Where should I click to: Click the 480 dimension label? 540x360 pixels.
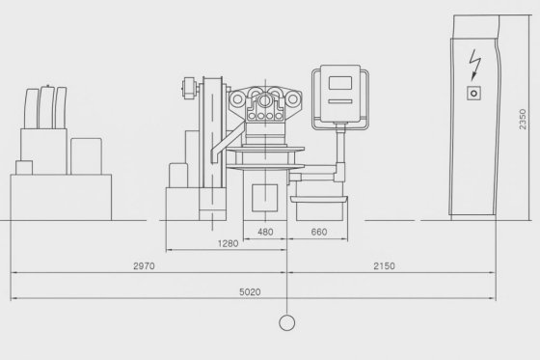(265, 232)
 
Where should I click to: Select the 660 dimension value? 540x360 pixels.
(319, 232)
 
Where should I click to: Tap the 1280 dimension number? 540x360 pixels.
(228, 243)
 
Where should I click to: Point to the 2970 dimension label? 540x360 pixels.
(144, 265)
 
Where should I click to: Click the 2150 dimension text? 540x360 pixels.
(384, 265)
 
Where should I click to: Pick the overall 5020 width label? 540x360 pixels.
(250, 292)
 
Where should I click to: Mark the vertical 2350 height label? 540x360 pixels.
(523, 120)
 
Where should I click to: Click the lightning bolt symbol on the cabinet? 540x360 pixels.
(474, 65)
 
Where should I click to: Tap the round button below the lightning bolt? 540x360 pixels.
(473, 93)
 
